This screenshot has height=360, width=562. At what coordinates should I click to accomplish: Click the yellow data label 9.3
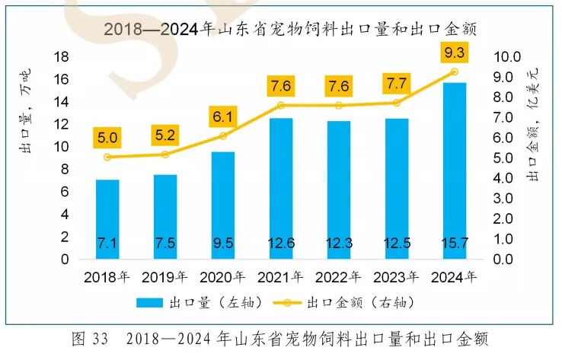(454, 53)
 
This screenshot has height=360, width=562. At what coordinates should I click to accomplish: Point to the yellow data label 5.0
(107, 138)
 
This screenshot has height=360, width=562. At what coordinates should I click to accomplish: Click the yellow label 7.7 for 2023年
(396, 84)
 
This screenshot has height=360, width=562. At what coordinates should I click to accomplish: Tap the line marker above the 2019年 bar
(165, 155)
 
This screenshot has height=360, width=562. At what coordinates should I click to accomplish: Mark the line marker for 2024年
(454, 72)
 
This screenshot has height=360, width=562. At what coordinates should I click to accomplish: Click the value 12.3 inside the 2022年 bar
(339, 244)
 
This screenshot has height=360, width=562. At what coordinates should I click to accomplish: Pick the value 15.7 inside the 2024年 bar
(454, 244)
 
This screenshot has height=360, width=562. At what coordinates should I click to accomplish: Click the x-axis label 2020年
(223, 276)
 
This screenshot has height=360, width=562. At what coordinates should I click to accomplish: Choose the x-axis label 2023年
(396, 276)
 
